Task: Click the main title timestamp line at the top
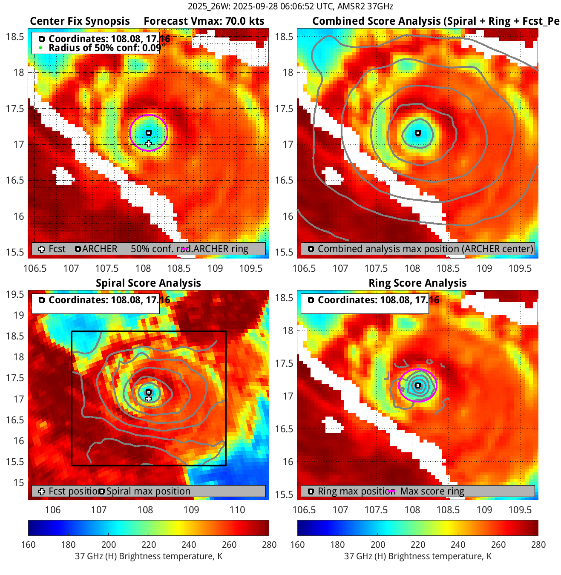[290, 6]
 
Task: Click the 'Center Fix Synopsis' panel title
[80, 21]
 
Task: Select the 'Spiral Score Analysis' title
[148, 283]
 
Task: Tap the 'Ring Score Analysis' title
[417, 283]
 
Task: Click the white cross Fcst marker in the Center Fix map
[148, 144]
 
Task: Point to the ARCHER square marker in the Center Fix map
[149, 133]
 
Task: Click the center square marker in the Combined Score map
[418, 133]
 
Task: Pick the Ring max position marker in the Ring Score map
[418, 385]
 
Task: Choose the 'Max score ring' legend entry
[432, 492]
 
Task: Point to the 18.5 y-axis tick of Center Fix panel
[15, 37]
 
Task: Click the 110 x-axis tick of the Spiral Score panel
[237, 510]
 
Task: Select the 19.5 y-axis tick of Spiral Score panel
[15, 295]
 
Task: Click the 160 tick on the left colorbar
[28, 545]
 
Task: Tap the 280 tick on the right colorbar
[538, 545]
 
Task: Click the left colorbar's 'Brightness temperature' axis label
[149, 557]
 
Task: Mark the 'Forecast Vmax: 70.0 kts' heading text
[204, 21]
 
